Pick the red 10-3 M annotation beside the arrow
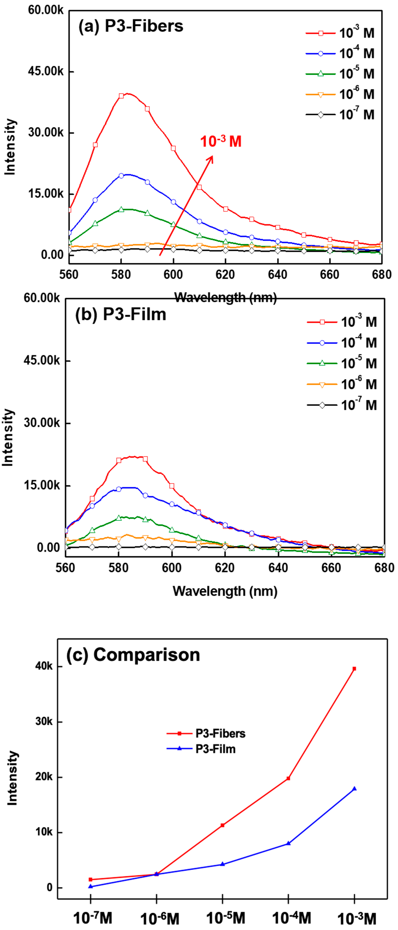point(221,141)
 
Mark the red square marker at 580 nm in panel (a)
point(121,96)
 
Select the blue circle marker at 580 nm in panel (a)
point(121,176)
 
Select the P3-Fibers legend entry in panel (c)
point(206,734)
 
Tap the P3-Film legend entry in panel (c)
point(201,749)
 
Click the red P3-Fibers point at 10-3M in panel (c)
point(354,669)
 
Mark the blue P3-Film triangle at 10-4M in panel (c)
point(288,843)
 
